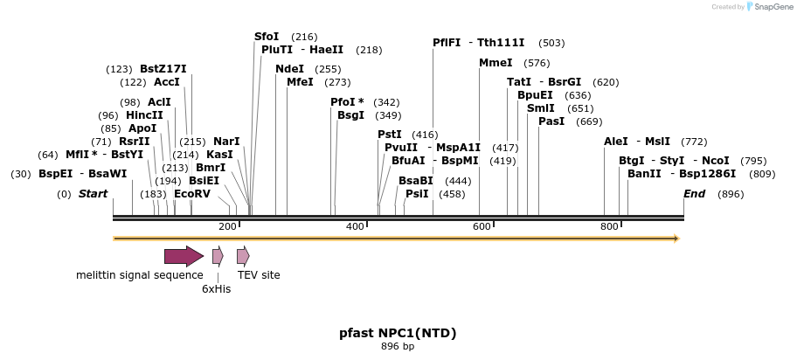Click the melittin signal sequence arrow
[x=184, y=256]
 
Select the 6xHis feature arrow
[x=218, y=256]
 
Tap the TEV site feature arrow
[x=243, y=256]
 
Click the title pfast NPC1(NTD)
[x=398, y=333]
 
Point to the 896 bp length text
[x=398, y=347]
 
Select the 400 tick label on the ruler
[x=355, y=227]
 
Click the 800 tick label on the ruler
[x=609, y=227]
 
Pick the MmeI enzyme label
[x=496, y=63]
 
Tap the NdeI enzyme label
[x=289, y=69]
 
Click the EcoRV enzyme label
[x=192, y=194]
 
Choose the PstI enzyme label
[x=390, y=135]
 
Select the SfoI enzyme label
[x=267, y=37]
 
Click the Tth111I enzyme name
[x=501, y=43]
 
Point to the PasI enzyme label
[x=551, y=121]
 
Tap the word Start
[x=94, y=194]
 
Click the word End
[x=694, y=194]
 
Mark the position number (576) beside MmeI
[x=537, y=63]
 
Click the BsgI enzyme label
[x=350, y=115]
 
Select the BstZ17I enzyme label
[x=163, y=69]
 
